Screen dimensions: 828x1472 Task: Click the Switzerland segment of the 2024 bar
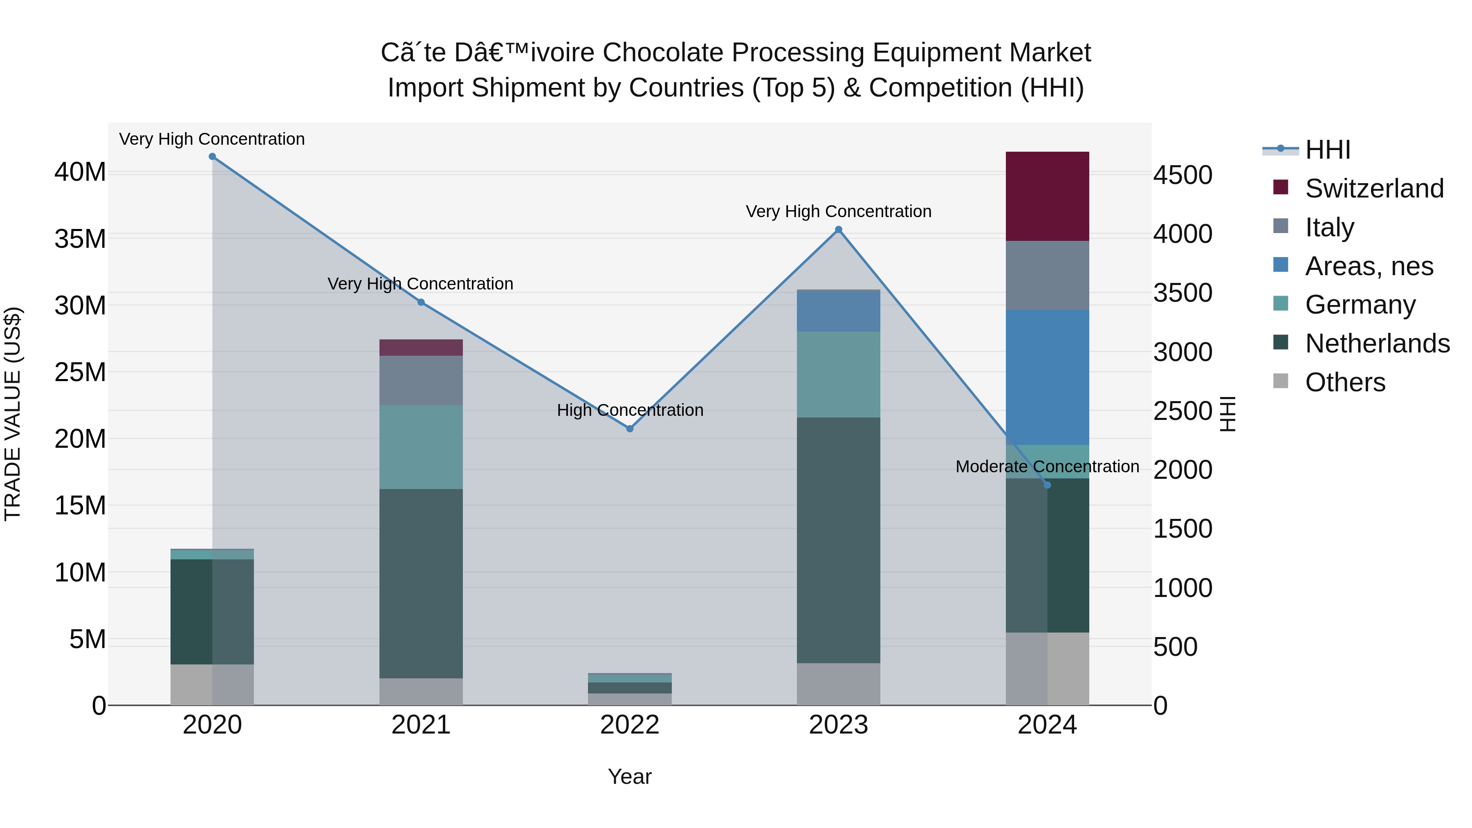(1047, 196)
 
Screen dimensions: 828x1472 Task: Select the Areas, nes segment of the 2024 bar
(1047, 377)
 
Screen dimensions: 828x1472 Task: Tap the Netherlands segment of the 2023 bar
(838, 540)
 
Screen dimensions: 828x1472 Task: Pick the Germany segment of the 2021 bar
(421, 447)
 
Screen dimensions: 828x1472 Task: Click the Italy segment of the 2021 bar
(421, 381)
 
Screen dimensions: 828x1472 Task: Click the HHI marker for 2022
(630, 429)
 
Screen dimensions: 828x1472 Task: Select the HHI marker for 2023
(838, 230)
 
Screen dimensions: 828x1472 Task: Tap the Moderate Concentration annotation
(1047, 467)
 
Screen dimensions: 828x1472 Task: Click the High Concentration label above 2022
(630, 410)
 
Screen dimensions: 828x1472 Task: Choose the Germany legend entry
(1360, 305)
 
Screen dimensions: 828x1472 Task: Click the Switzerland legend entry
(1374, 188)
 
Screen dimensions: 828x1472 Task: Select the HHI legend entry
(1327, 150)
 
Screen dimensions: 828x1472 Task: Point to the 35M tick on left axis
(80, 239)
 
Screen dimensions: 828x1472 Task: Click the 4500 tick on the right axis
(1182, 175)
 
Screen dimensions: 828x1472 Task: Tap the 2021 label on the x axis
(421, 725)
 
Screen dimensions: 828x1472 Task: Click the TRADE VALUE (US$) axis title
(13, 414)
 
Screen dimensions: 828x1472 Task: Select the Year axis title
(630, 776)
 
